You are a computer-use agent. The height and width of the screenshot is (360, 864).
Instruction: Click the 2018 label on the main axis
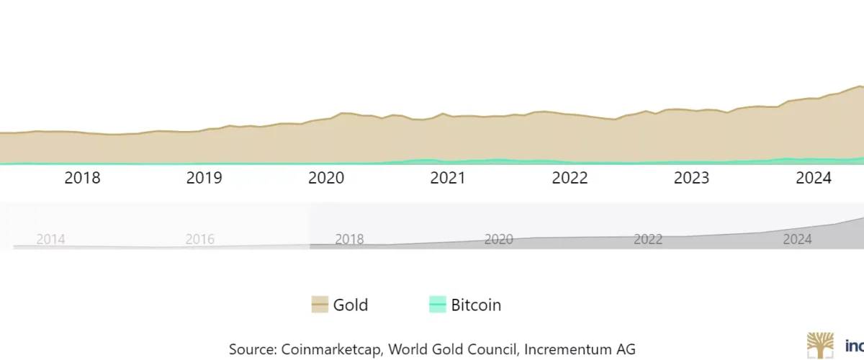[x=82, y=179]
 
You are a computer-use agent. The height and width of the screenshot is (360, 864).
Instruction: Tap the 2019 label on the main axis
[x=204, y=179]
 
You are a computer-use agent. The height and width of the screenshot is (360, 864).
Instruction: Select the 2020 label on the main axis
[x=325, y=179]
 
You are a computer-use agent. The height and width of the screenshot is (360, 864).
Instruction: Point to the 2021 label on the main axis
[x=447, y=179]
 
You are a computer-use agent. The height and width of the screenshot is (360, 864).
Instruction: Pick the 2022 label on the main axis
[x=570, y=179]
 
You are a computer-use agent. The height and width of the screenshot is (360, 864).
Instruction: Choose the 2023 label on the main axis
[x=691, y=179]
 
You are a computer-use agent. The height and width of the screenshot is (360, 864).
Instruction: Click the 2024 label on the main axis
[x=813, y=179]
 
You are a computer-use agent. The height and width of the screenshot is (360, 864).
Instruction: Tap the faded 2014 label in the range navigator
[x=50, y=239]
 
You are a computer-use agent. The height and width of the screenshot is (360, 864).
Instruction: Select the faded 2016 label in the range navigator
[x=199, y=239]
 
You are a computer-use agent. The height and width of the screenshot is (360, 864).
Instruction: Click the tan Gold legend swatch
[x=320, y=305]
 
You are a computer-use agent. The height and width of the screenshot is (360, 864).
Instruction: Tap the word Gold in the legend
[x=351, y=305]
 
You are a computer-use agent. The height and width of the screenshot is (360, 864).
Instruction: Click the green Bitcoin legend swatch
[x=438, y=305]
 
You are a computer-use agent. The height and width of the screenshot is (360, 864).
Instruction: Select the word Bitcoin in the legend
[x=476, y=305]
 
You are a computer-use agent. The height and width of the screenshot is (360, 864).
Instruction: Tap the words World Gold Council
[x=454, y=349]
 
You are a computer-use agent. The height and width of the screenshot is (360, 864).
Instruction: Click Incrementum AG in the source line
[x=580, y=349]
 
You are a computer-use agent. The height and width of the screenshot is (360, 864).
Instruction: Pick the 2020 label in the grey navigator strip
[x=498, y=239]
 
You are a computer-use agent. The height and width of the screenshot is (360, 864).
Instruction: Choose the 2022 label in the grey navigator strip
[x=648, y=239]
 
